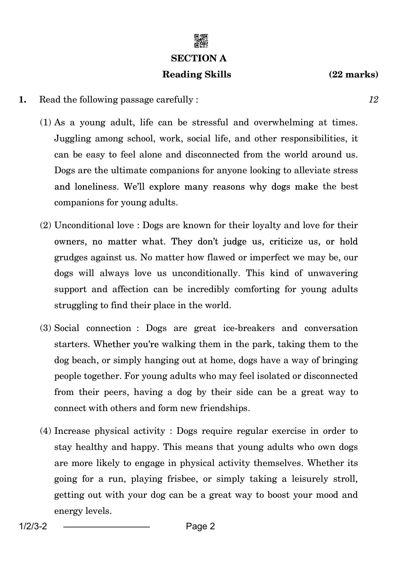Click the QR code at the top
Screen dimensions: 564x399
click(201, 41)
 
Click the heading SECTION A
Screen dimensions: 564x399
click(199, 58)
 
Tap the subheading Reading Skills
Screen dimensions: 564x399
click(196, 75)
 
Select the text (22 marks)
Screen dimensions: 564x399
click(353, 75)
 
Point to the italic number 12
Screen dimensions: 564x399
click(373, 100)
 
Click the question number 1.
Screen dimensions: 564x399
click(23, 100)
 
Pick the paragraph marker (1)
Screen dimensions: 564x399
click(45, 122)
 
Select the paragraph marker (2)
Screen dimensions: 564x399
click(45, 225)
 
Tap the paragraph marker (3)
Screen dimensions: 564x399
click(45, 328)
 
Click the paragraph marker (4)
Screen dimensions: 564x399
click(45, 431)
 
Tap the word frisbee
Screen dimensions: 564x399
click(182, 479)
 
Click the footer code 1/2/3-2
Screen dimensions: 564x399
click(33, 526)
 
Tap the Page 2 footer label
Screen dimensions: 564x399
click(200, 526)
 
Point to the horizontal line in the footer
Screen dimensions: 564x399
click(106, 527)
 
